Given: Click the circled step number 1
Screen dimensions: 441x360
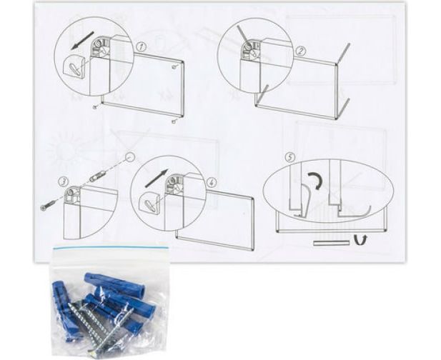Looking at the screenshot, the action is [x=142, y=47].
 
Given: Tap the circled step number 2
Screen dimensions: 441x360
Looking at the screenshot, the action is [x=301, y=51].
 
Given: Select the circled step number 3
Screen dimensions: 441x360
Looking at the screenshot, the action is [x=64, y=182].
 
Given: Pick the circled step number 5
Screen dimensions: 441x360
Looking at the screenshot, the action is [x=290, y=157].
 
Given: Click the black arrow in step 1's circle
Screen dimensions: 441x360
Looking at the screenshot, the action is [x=82, y=41].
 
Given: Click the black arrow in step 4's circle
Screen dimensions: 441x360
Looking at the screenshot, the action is [x=157, y=178].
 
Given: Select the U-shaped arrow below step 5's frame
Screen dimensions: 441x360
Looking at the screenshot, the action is [x=360, y=240].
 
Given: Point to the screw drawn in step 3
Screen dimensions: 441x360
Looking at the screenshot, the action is [x=49, y=206].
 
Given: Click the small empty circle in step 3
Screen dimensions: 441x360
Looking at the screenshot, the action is [x=129, y=157].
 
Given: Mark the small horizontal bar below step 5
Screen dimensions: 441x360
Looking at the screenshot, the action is [x=332, y=243].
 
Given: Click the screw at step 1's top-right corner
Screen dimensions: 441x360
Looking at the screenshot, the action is [x=176, y=66].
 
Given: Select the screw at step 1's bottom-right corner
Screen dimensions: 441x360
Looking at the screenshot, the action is [x=174, y=121].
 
